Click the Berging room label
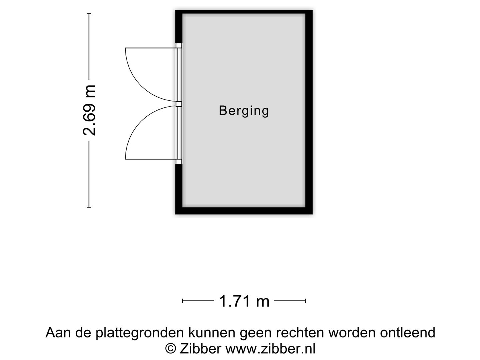(244, 111)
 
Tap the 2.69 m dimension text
(89, 110)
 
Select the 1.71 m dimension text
(244, 301)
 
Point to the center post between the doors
(179, 104)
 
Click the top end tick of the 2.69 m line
(89, 14)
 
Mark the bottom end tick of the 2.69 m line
(89, 207)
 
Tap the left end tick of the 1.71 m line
(182, 301)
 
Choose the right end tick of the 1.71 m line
(305, 301)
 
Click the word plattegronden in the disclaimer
(140, 333)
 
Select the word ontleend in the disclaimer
(408, 333)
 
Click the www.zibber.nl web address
(271, 349)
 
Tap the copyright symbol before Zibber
(171, 348)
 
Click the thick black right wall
(309, 112)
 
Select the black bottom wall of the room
(244, 211)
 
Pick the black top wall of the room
(244, 12)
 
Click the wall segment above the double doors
(179, 27)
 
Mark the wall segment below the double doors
(179, 189)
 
